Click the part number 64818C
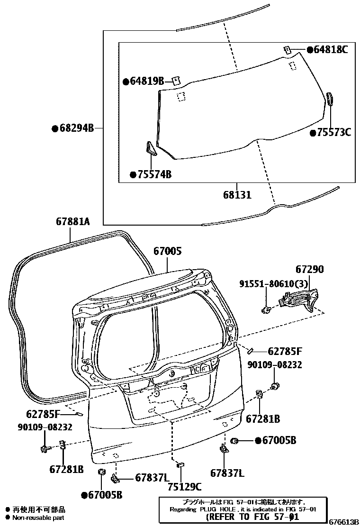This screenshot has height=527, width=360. pyautogui.click(x=331, y=49)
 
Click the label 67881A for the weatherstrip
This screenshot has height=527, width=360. pyautogui.click(x=72, y=221)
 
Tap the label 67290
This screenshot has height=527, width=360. pyautogui.click(x=310, y=269)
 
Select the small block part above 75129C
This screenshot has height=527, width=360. pyautogui.click(x=180, y=465)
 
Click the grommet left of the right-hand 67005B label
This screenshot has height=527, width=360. pyautogui.click(x=234, y=441)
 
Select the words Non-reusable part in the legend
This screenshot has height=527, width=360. pyautogui.click(x=38, y=518)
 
